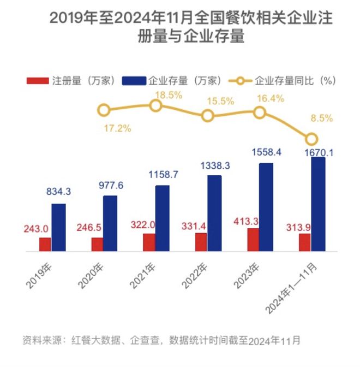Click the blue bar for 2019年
(59, 228)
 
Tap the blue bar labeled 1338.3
(215, 214)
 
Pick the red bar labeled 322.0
(149, 242)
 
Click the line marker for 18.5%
(156, 105)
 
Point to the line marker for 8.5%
(311, 139)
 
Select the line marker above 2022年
(208, 116)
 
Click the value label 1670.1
(319, 153)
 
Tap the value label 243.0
(36, 228)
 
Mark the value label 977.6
(110, 186)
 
